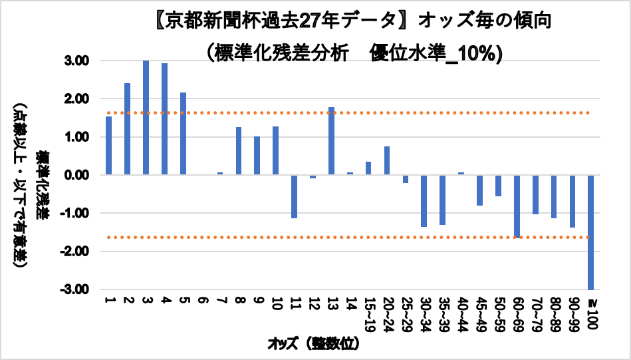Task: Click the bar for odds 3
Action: click(146, 118)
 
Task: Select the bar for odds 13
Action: click(331, 141)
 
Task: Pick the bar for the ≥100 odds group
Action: click(590, 232)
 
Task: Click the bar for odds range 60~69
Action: click(517, 206)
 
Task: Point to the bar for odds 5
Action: click(183, 134)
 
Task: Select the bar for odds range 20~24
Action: click(387, 160)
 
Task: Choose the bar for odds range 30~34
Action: click(424, 201)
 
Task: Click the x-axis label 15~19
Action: click(368, 315)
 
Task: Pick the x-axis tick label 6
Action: click(202, 300)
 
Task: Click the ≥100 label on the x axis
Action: click(592, 313)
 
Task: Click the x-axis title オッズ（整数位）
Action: click(314, 344)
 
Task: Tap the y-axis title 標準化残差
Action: click(41, 184)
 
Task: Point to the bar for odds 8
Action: click(239, 151)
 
